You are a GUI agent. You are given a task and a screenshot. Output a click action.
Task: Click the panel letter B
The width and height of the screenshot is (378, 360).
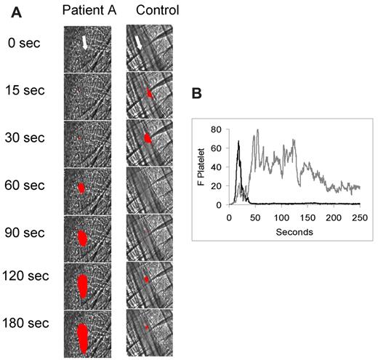(195, 95)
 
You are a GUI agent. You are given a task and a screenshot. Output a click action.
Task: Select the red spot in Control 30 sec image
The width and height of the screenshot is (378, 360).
(148, 137)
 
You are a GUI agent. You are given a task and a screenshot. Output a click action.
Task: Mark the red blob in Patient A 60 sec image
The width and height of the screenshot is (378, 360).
(81, 188)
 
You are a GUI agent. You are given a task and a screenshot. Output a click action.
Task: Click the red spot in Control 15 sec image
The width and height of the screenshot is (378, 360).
(148, 93)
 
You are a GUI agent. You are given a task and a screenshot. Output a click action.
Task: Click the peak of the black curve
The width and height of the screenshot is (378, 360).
(238, 141)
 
